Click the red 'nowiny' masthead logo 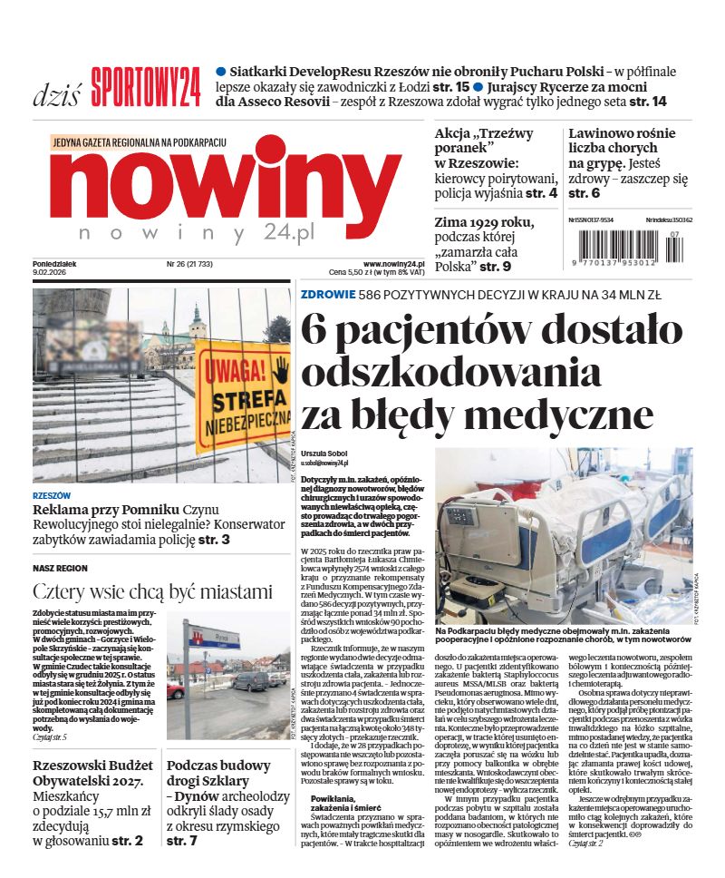click(226, 186)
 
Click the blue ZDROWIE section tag click(327, 293)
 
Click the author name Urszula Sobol click(324, 454)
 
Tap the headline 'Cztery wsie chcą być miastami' click(152, 592)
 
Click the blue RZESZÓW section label click(52, 496)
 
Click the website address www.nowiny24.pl click(395, 262)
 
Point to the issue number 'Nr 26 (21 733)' click(189, 263)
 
